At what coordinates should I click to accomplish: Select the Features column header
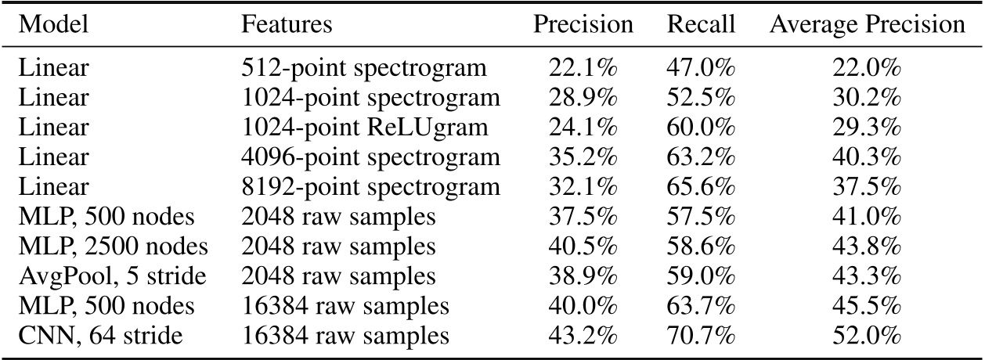coord(287,24)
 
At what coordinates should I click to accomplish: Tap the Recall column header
coord(701,24)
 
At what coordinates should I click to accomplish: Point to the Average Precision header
coord(867,24)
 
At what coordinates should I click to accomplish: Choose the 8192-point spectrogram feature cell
coord(370,187)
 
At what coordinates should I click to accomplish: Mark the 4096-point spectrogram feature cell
coord(370,157)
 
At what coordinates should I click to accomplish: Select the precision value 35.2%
coord(583,157)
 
